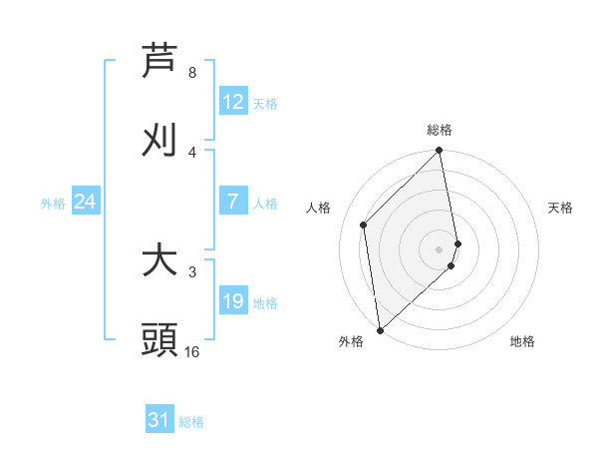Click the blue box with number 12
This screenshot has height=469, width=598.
point(233,102)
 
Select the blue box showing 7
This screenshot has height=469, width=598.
point(233,202)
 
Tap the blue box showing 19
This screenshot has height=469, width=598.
point(233,301)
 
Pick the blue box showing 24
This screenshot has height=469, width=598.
point(86,202)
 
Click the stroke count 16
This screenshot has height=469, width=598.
point(192,352)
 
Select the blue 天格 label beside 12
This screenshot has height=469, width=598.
point(264,104)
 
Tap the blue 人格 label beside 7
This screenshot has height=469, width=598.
point(264,204)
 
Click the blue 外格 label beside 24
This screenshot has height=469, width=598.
point(53,204)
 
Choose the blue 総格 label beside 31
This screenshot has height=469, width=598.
point(191,422)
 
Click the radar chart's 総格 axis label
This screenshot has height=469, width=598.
point(440,130)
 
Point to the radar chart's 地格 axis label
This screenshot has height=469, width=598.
point(522,341)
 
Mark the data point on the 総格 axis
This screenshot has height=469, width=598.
point(440,152)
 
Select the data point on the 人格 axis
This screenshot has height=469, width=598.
point(364,225)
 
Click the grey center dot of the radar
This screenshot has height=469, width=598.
point(440,248)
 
